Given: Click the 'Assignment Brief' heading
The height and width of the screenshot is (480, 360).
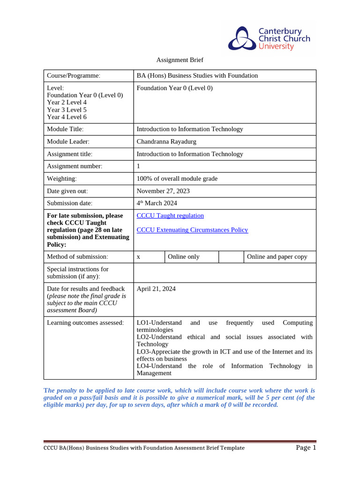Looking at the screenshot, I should click(x=180, y=60).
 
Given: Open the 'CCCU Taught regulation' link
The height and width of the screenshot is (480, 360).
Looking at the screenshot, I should click(x=170, y=216).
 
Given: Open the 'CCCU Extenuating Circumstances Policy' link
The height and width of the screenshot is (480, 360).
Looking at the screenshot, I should click(x=192, y=230).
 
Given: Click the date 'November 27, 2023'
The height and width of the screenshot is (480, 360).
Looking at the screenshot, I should click(x=163, y=191).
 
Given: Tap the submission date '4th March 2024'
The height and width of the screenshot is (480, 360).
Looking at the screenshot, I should click(x=157, y=203).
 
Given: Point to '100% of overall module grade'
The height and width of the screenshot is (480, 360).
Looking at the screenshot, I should click(x=177, y=179).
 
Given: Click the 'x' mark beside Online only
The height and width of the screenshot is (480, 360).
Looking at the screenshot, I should click(x=139, y=257).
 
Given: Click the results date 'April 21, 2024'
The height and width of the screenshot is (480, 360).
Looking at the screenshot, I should click(x=156, y=289).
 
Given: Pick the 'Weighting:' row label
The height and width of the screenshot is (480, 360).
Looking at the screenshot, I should click(x=61, y=179).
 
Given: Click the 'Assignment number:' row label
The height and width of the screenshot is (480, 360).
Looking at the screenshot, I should click(x=75, y=166).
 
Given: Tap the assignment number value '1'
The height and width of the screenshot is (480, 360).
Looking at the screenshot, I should click(x=138, y=166).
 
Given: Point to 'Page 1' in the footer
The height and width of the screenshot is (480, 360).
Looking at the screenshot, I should click(x=306, y=448).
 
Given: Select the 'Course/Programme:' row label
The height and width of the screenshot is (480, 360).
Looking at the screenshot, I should click(x=74, y=76).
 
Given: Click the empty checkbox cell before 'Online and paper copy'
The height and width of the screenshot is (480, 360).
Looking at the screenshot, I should click(x=231, y=257).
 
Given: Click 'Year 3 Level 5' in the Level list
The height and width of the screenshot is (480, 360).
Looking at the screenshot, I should click(x=67, y=110).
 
